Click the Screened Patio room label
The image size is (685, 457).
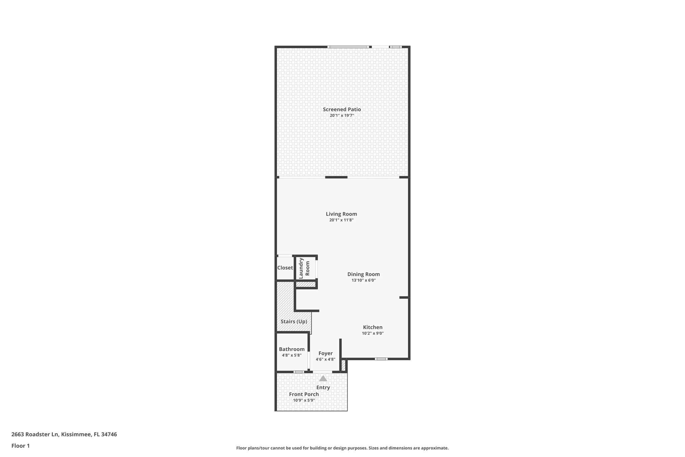(341, 109)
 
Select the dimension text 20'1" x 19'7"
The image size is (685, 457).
(341, 116)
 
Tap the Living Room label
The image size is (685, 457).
(341, 214)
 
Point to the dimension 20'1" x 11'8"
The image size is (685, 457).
(341, 220)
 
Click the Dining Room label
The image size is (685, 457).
(363, 274)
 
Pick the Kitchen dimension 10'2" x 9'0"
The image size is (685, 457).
(373, 333)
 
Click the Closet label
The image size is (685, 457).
(285, 268)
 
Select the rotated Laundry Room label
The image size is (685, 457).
(304, 268)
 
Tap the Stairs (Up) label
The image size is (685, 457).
(294, 321)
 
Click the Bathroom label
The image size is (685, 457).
(292, 349)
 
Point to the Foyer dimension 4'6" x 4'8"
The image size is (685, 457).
(325, 360)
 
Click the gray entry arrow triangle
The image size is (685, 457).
(323, 379)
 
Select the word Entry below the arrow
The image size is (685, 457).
(323, 387)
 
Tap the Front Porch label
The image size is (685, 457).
(304, 394)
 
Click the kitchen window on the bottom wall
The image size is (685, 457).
(381, 359)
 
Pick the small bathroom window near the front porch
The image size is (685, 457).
(298, 372)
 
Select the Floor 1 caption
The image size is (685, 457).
(20, 446)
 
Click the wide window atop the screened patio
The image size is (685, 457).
(348, 47)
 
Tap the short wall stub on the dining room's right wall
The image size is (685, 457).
(404, 297)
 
